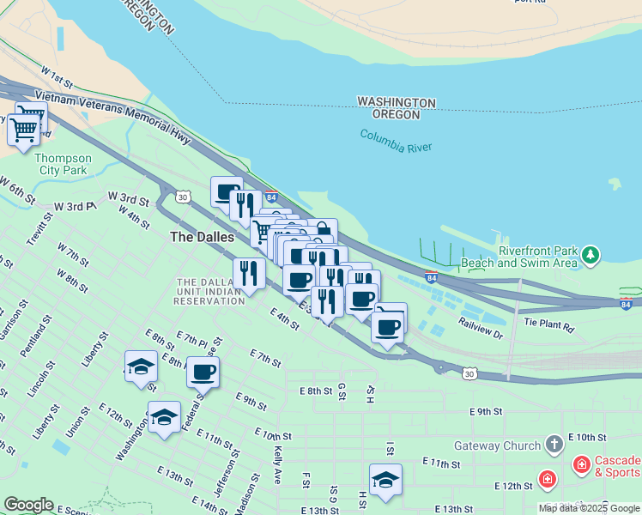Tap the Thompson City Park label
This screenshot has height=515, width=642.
tap(63, 164)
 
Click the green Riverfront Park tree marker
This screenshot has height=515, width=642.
tap(590, 255)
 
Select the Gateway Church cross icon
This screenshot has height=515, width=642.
tap(555, 445)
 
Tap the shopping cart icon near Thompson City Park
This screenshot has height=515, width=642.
tap(24, 130)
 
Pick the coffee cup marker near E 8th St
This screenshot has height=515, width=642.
tap(203, 372)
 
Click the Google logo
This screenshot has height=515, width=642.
tap(28, 505)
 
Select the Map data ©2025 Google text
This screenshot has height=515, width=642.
tap(589, 508)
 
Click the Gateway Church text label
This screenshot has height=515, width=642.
tap(498, 445)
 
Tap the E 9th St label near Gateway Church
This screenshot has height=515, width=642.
tap(485, 411)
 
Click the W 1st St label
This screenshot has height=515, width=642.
tap(57, 79)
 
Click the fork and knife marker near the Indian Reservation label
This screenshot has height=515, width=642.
tap(249, 273)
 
